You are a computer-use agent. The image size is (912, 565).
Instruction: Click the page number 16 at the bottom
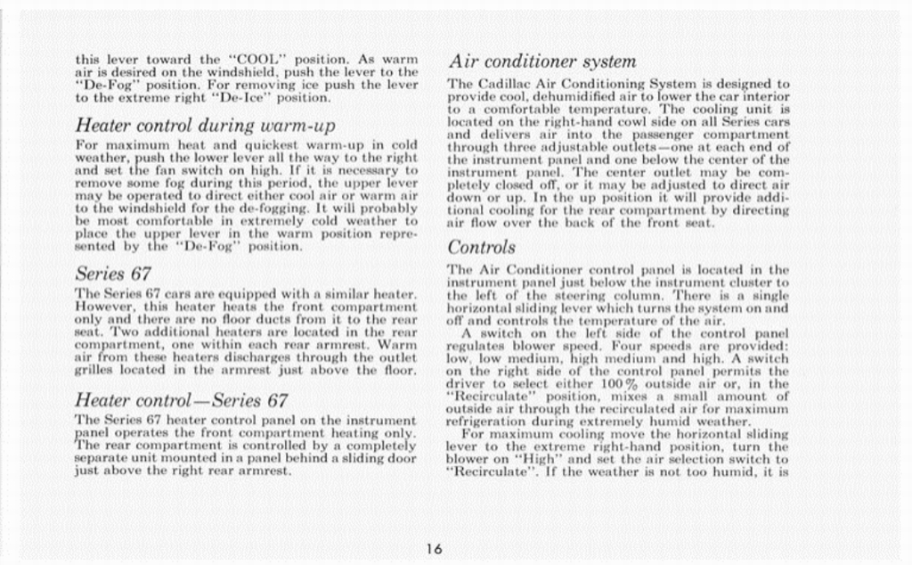(x=434, y=549)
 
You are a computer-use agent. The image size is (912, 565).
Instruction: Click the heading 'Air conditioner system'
(x=541, y=61)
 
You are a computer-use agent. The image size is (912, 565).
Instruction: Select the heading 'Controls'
(x=481, y=247)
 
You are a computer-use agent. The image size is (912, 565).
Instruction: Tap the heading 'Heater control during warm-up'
(x=205, y=125)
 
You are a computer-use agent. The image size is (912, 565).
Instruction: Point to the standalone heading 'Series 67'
(x=113, y=273)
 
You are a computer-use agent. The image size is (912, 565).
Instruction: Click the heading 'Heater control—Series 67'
(x=181, y=400)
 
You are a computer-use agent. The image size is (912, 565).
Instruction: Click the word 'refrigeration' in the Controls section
(x=486, y=422)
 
